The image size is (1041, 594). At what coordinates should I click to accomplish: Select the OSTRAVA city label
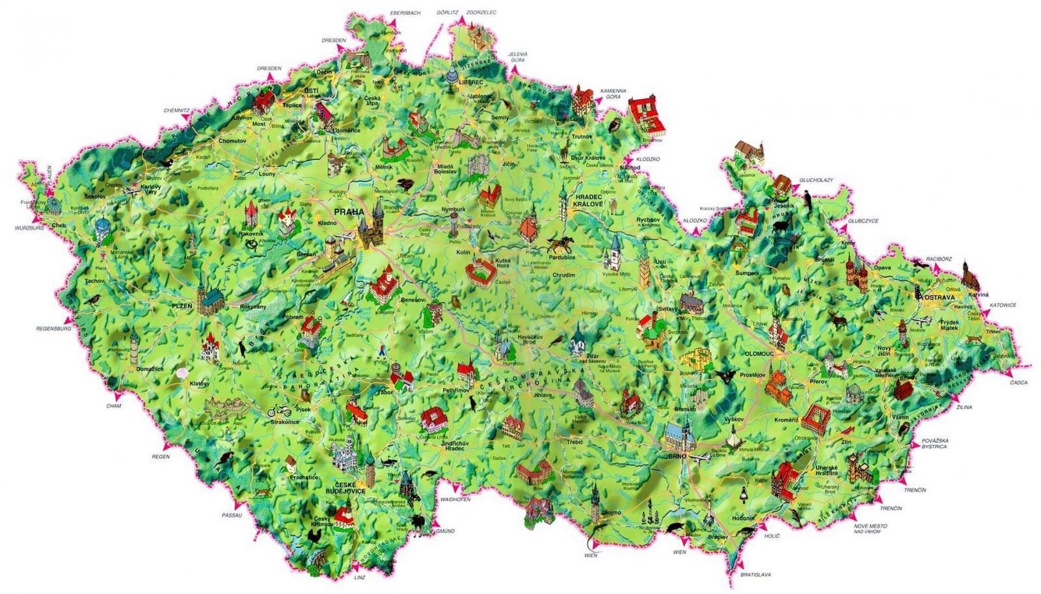tap(938, 297)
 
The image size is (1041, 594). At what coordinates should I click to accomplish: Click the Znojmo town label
tap(611, 513)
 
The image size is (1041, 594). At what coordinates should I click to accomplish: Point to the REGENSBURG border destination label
tap(53, 329)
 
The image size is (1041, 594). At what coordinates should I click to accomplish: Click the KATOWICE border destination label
tap(1003, 304)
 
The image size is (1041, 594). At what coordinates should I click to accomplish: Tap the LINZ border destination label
tap(360, 577)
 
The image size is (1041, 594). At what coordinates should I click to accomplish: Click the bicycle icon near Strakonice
tap(279, 410)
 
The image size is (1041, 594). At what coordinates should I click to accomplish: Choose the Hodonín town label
tap(743, 518)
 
